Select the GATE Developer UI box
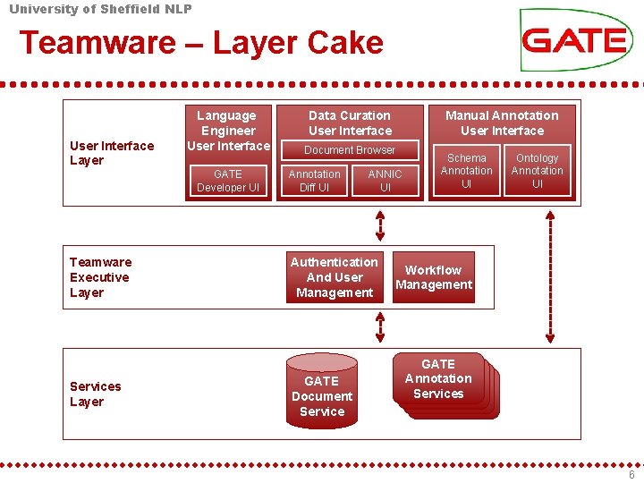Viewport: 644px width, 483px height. (228, 181)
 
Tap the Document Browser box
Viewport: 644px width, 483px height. (350, 150)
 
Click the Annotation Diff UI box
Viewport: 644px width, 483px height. (314, 181)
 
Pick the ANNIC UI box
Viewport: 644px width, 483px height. (385, 181)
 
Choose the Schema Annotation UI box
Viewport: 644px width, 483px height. (466, 171)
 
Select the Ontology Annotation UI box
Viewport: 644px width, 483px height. (537, 171)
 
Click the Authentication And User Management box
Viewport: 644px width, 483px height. (335, 277)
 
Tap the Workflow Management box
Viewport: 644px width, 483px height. (434, 277)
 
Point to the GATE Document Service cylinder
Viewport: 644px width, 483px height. (322, 392)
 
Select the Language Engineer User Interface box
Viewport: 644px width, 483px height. (228, 131)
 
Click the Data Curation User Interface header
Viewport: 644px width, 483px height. (350, 123)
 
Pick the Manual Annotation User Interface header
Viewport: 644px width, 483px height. (501, 123)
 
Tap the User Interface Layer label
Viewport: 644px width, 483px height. (112, 153)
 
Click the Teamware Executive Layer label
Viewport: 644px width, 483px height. (100, 277)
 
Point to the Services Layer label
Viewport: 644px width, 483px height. (95, 394)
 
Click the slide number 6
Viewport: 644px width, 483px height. (631, 475)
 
